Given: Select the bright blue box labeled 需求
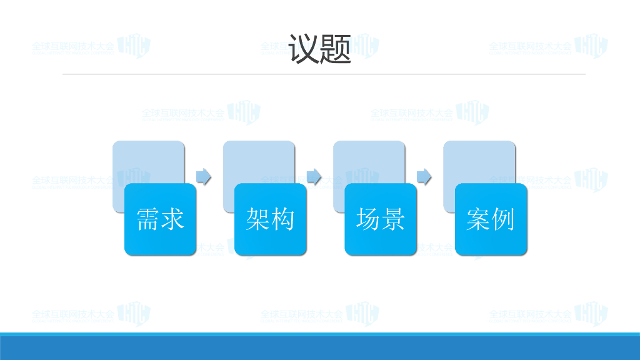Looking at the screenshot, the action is [161, 219].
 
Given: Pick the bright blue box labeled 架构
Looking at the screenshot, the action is [271, 219].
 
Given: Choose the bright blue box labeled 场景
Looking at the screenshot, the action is [381, 219].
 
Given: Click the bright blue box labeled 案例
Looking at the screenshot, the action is [491, 219].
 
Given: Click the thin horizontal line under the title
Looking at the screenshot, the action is [324, 74].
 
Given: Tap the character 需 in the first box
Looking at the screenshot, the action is [148, 219].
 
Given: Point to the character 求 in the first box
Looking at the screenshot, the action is [173, 219].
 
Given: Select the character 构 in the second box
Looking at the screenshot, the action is [283, 219].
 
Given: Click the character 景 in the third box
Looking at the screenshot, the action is [393, 219].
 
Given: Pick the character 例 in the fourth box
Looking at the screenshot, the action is [503, 219].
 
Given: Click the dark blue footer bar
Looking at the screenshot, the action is [320, 348].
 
